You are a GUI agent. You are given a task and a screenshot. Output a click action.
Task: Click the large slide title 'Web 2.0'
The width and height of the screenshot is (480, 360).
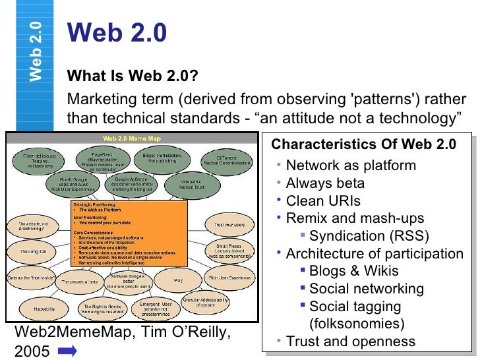(117, 32)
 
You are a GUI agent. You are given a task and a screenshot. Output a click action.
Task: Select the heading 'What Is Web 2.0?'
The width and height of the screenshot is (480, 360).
(133, 77)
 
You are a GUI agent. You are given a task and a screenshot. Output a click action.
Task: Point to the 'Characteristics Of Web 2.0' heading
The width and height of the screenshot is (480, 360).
(363, 144)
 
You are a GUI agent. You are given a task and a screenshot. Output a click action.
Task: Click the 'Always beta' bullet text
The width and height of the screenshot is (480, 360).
(325, 183)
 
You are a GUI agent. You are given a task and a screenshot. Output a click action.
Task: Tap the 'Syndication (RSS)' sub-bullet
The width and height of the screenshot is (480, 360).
(369, 236)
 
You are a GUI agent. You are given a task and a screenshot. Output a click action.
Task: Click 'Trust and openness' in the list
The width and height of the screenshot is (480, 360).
(351, 342)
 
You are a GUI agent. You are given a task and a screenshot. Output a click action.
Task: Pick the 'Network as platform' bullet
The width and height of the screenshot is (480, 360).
(351, 165)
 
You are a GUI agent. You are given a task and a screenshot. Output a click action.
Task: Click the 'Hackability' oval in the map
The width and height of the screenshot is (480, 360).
(38, 308)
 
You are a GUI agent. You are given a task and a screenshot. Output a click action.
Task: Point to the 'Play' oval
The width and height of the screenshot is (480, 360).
(178, 280)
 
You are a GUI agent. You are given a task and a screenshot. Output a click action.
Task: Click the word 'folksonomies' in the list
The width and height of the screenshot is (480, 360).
(357, 324)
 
